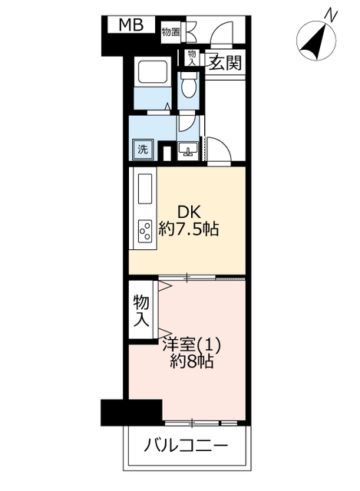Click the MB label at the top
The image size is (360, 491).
tap(131, 25)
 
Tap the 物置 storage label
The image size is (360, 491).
tap(170, 32)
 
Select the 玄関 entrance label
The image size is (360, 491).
tap(225, 63)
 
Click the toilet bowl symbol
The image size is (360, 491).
tap(189, 86)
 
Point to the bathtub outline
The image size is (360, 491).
tap(152, 71)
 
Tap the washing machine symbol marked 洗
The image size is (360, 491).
tap(143, 150)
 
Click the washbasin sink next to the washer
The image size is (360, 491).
tap(188, 150)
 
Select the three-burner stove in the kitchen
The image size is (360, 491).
tap(145, 231)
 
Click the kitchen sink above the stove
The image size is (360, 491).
tap(145, 189)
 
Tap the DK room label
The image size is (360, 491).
tap(189, 213)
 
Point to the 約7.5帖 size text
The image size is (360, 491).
tap(188, 229)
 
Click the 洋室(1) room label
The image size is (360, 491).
tap(191, 345)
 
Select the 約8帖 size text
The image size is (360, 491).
tap(192, 361)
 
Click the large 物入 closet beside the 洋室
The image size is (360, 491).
tap(141, 310)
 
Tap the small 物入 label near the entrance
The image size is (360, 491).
tap(191, 58)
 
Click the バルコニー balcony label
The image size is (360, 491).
tap(186, 445)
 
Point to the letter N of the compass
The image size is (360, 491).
tap(331, 15)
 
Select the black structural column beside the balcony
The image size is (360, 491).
tap(131, 412)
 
